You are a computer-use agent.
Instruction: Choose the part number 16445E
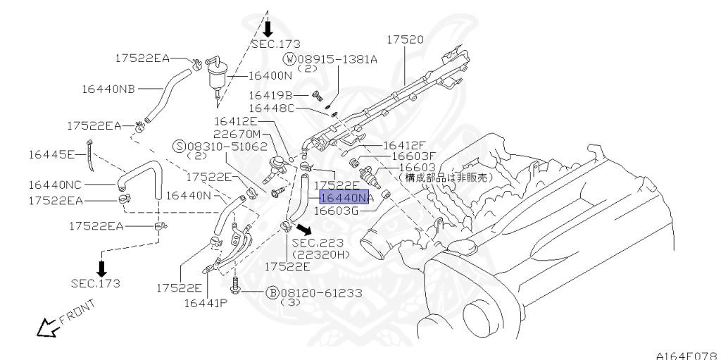pyautogui.click(x=51, y=153)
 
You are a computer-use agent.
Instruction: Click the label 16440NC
pyautogui.click(x=56, y=185)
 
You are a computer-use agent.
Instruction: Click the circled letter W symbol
pyautogui.click(x=290, y=59)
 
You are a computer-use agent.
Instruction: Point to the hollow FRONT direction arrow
pyautogui.click(x=47, y=326)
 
